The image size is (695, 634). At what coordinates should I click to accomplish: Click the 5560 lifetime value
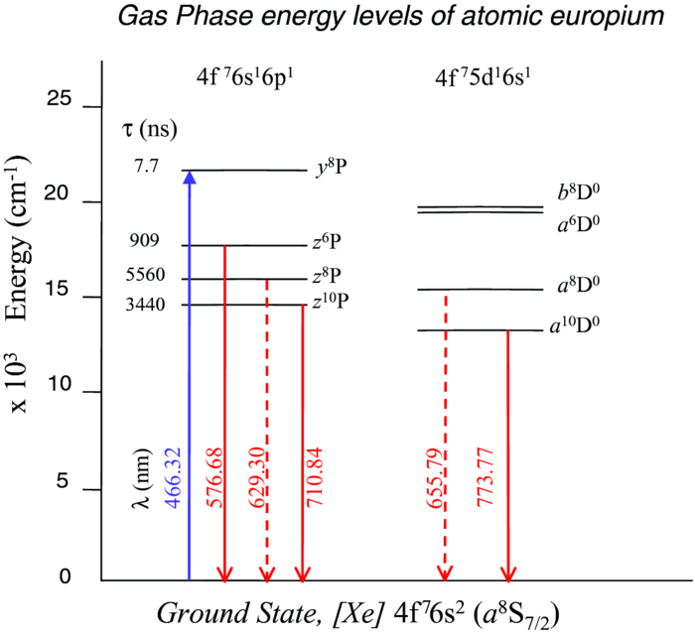point(146,275)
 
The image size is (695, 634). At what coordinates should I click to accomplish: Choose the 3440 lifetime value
point(146,302)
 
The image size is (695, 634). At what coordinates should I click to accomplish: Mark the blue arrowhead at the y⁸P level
point(190,178)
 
